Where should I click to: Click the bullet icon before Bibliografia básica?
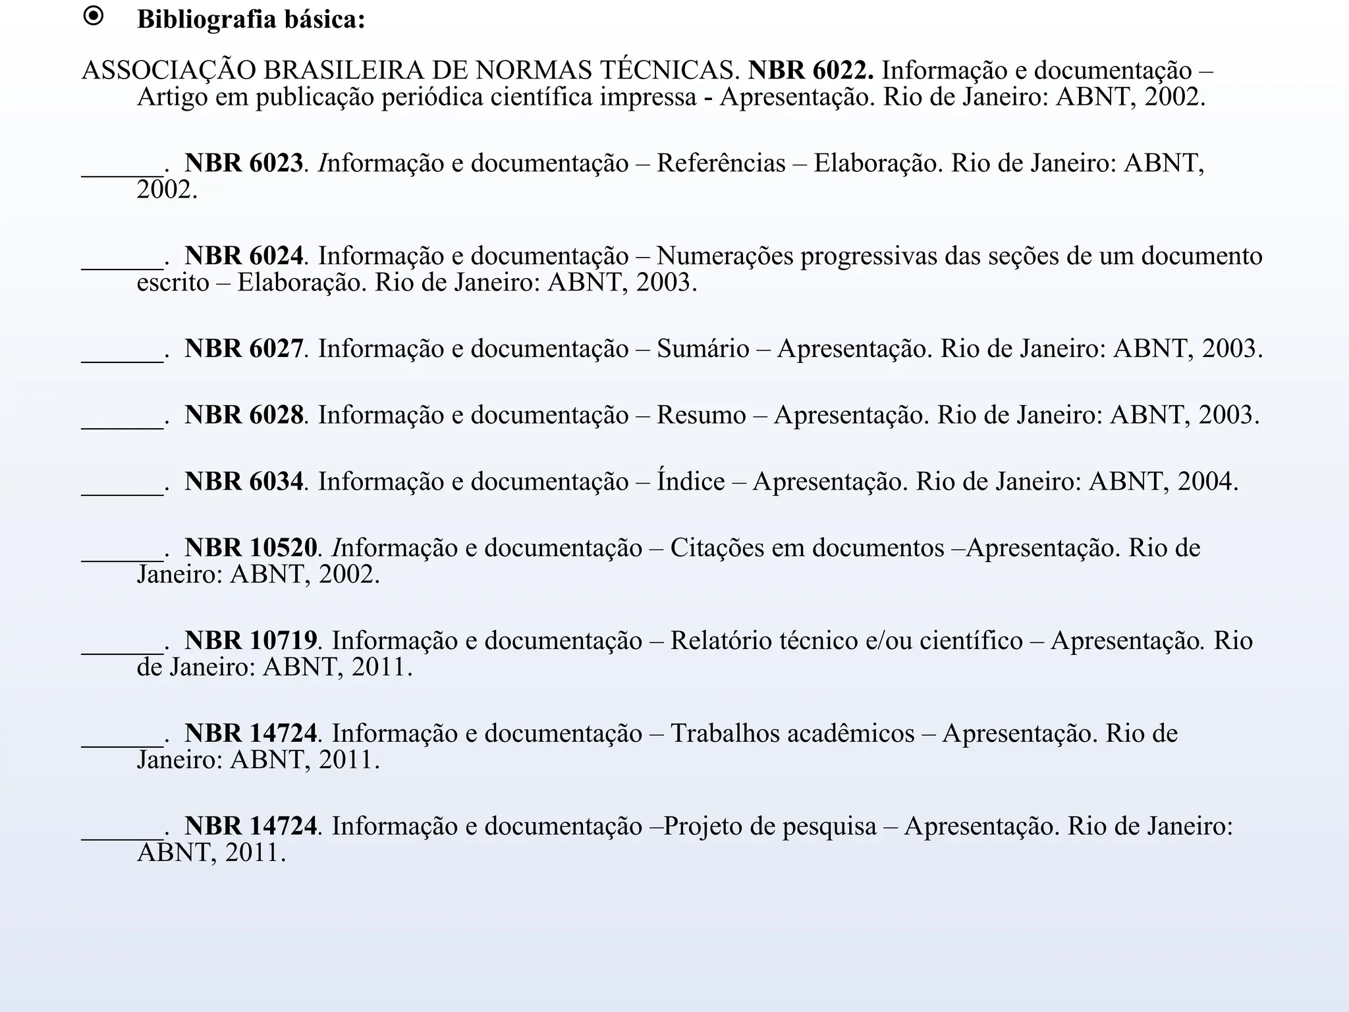94,17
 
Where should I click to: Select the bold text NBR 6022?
811,70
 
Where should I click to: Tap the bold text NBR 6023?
244,163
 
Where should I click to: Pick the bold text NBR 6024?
244,256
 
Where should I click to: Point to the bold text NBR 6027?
244,349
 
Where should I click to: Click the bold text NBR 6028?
244,415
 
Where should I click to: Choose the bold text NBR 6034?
244,482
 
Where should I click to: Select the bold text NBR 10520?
250,548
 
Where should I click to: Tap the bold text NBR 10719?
250,640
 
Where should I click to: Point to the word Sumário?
703,349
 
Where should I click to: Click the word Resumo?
702,415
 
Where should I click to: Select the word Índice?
690,482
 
